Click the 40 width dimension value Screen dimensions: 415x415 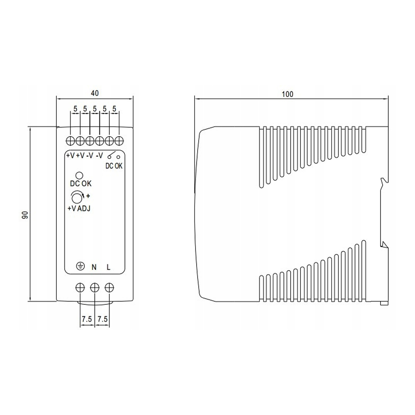click(95, 93)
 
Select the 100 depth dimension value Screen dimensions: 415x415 click(288, 94)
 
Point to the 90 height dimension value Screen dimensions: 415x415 click(24, 215)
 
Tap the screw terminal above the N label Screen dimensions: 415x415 click(95, 288)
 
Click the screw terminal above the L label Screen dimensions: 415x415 click(109, 288)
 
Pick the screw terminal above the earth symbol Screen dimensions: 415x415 click(80, 288)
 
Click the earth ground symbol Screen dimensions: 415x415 click(81, 266)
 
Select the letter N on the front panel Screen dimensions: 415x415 click(94, 267)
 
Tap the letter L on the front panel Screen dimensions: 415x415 click(108, 267)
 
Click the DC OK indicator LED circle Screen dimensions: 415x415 click(79, 175)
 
